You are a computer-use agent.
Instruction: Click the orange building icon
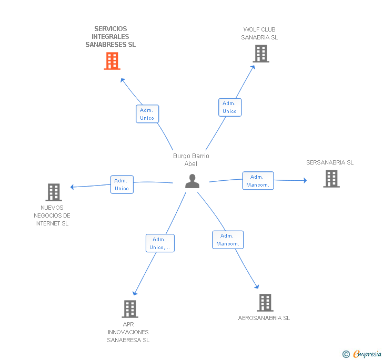[x=112, y=61]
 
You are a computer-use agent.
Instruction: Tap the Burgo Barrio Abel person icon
[x=193, y=181]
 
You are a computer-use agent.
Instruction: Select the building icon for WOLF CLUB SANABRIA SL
[x=260, y=54]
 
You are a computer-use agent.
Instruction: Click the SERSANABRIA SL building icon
[x=331, y=179]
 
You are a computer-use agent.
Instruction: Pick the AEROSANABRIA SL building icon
[x=265, y=303]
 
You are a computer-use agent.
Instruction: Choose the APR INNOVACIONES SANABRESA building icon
[x=130, y=308]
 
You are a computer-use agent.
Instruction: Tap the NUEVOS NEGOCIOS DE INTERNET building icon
[x=53, y=192]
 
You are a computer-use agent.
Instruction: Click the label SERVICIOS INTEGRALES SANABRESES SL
[x=110, y=37]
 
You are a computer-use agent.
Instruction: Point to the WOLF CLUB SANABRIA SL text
[x=259, y=34]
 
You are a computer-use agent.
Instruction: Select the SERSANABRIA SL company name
[x=330, y=162]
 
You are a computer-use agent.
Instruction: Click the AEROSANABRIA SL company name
[x=264, y=318]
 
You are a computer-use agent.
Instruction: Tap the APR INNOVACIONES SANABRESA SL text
[x=128, y=332]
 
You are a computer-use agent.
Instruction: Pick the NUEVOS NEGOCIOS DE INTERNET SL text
[x=52, y=215]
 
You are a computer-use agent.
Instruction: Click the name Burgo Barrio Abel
[x=191, y=160]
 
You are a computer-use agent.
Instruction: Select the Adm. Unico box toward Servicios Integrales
[x=147, y=114]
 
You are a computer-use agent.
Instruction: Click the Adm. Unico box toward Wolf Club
[x=229, y=107]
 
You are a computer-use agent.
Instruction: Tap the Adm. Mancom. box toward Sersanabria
[x=257, y=181]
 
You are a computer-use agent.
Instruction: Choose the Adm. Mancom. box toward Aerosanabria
[x=228, y=240]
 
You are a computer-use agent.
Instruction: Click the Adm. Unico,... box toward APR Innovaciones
[x=160, y=243]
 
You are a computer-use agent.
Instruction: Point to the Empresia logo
[x=362, y=354]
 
